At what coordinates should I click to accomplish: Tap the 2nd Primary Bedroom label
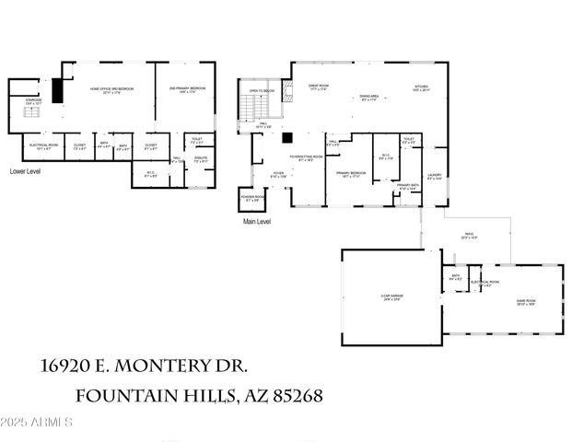tap(187, 89)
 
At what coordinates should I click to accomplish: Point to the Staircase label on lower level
tap(32, 105)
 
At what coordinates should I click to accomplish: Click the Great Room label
tap(318, 87)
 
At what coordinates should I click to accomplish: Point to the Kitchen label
tap(421, 88)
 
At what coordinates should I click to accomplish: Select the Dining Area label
tap(370, 97)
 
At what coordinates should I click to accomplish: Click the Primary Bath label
tap(408, 187)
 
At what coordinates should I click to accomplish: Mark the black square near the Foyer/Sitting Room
tap(287, 140)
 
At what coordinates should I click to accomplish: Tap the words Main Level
tap(257, 222)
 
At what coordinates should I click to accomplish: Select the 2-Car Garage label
tap(391, 297)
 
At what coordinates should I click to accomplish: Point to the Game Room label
tap(525, 302)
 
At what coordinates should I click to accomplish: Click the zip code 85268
tap(294, 397)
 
